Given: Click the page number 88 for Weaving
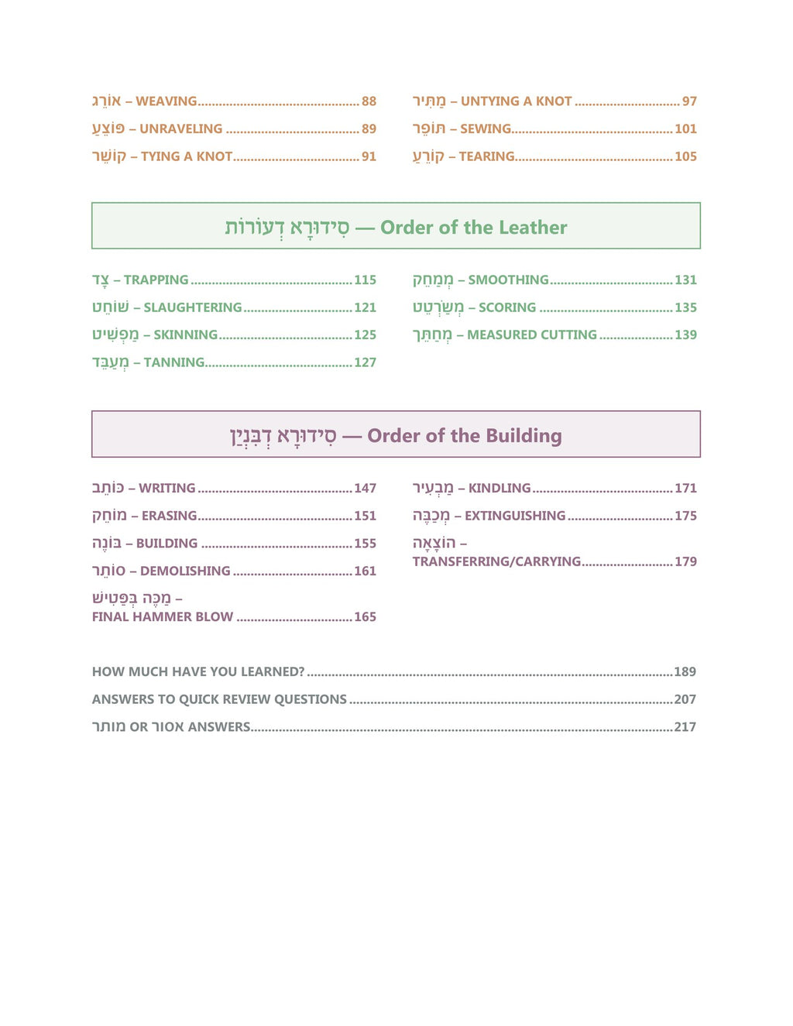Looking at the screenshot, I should click(369, 101).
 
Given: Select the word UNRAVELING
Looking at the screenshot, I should click(180, 129).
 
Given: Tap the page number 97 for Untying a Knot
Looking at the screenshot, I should click(689, 101).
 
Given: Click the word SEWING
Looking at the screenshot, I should click(486, 129).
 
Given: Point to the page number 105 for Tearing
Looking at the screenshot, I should click(685, 156).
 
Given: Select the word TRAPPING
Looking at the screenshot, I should click(156, 280).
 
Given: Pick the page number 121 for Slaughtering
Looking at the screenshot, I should click(365, 307).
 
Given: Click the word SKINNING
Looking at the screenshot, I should click(185, 335).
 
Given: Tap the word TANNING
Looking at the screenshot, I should click(174, 362).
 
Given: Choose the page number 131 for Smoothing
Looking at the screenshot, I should click(685, 280).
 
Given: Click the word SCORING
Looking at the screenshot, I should click(506, 307).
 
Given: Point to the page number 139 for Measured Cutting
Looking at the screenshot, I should click(685, 335).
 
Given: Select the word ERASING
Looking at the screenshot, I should click(169, 516).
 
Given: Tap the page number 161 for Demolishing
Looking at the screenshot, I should click(365, 571).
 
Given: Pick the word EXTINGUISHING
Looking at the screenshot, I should click(515, 516).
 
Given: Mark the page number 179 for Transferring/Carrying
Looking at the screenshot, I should click(685, 562).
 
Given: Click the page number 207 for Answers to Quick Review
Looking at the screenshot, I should click(685, 699).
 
